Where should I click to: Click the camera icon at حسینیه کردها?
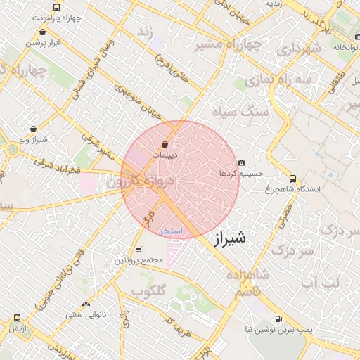[241, 162]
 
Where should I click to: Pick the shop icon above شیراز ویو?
[34, 129]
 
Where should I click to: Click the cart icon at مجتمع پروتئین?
[138, 249]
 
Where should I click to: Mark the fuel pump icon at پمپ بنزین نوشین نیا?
[279, 319]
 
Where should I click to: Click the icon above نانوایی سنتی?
[86, 304]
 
